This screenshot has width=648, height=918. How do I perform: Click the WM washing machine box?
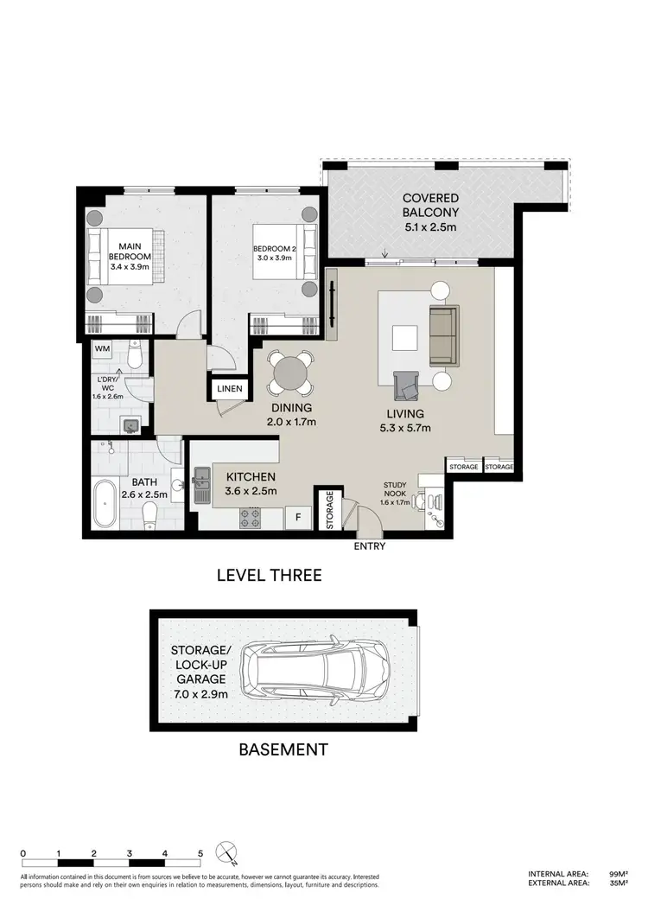103,348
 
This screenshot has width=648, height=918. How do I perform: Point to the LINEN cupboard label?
230,389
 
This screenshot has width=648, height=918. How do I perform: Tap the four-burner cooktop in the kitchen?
251,519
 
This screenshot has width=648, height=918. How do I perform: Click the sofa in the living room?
443,335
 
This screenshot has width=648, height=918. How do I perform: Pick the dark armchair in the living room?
406,384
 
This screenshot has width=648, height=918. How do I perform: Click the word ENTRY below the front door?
369,546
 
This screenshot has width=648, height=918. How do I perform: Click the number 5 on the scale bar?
200,853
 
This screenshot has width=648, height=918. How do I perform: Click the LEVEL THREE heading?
269,575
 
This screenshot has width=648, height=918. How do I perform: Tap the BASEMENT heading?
283,749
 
